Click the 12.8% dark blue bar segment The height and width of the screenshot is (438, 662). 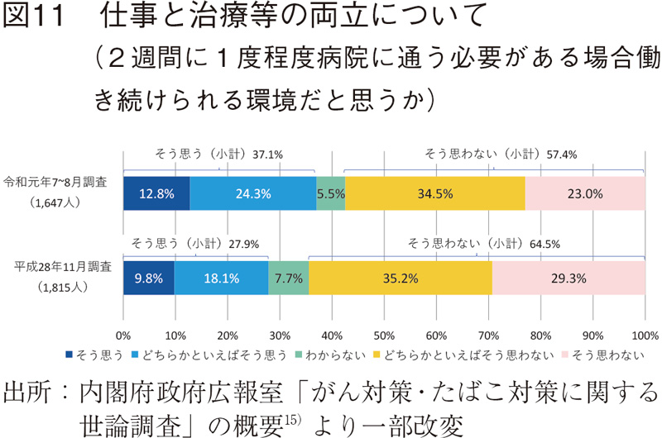[156, 193]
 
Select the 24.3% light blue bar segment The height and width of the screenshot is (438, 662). [253, 193]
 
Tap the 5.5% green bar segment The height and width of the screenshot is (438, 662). [331, 193]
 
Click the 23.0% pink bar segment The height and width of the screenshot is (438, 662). [585, 193]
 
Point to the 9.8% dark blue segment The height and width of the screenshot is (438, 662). [149, 278]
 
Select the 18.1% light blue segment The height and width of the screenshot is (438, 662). [221, 278]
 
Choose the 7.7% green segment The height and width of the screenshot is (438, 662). [289, 278]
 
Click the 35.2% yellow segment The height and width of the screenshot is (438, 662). [401, 278]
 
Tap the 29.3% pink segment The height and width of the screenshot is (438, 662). [568, 278]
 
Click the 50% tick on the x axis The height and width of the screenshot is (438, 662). [384, 336]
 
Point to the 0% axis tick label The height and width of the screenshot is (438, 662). [123, 336]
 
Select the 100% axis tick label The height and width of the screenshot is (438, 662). [645, 336]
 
